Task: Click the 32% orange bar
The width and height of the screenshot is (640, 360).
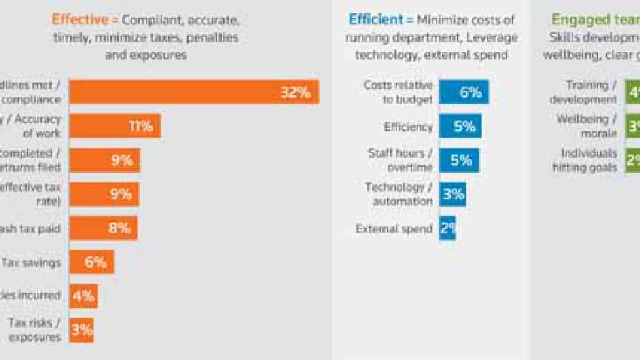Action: click(x=193, y=92)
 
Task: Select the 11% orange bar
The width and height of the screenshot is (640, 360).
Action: click(x=114, y=127)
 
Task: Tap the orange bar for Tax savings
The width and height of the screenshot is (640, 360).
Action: click(x=91, y=262)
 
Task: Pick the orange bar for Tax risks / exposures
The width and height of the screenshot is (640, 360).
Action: click(x=81, y=330)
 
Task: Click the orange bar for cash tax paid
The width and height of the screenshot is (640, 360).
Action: click(x=102, y=228)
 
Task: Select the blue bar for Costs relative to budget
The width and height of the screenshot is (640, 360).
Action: click(x=463, y=92)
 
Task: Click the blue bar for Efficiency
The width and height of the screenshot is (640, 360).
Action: click(x=460, y=127)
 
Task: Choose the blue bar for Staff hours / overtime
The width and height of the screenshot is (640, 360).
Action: click(x=459, y=160)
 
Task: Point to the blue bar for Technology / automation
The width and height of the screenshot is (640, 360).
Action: click(x=452, y=194)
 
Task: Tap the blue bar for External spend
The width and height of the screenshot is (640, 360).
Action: click(x=447, y=228)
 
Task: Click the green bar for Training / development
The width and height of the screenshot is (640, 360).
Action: click(x=632, y=92)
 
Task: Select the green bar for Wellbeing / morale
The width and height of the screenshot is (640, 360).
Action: click(x=632, y=127)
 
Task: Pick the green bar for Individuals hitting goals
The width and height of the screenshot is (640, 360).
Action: click(x=632, y=160)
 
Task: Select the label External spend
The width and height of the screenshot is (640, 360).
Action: click(x=394, y=228)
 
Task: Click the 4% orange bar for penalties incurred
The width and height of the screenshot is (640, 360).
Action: click(x=83, y=296)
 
